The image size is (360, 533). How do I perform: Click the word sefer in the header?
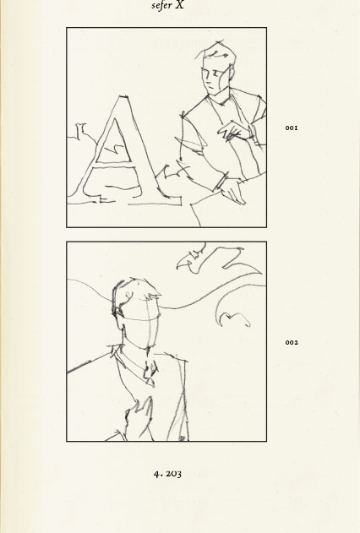tap(161, 6)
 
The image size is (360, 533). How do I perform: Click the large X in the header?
tap(180, 5)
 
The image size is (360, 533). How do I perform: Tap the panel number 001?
tap(292, 128)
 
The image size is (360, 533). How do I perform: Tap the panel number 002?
tap(292, 342)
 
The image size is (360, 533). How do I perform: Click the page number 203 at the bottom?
tap(172, 474)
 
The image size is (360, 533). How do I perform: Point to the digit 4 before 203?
tap(156, 474)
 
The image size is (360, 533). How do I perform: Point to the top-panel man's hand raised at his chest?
tap(235, 132)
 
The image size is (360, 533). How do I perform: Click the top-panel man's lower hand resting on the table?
tap(233, 191)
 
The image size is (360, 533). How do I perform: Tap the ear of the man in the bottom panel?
tap(118, 311)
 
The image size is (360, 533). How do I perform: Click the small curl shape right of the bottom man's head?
tap(234, 319)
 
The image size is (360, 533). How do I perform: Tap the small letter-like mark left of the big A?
tap(81, 131)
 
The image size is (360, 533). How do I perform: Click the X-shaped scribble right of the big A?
tap(177, 171)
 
